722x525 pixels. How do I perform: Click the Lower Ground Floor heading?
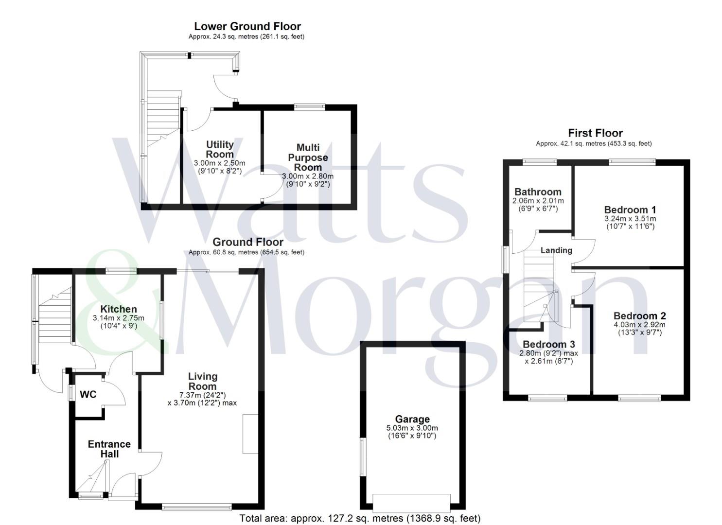tap(247, 26)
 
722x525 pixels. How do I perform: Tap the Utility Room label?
tap(220, 149)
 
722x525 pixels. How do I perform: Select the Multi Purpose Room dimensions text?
tap(307, 180)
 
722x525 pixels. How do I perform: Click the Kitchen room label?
tap(119, 309)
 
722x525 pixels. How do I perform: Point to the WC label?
tap(88, 394)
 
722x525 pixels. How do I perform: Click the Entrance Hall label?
tap(109, 449)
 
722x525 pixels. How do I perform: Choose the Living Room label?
tap(203, 381)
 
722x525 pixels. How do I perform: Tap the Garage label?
tap(412, 419)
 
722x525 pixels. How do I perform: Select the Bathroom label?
tap(538, 192)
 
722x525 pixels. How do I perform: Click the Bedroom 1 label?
tap(630, 210)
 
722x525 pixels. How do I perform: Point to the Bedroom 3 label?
tap(549, 345)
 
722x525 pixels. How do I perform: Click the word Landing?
tap(556, 250)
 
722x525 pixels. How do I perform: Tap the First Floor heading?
tap(595, 133)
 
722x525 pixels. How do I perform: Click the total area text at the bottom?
tap(360, 518)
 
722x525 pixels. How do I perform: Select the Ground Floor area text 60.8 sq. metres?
tap(246, 252)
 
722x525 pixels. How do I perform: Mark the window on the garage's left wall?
tap(362, 457)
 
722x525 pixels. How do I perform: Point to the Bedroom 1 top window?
tap(633, 162)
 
